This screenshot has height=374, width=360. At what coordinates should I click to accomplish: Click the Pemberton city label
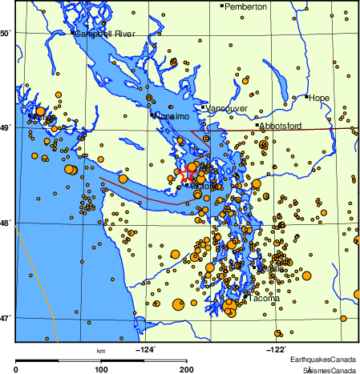(x=245, y=6)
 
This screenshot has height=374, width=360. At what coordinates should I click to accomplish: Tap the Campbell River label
(x=106, y=34)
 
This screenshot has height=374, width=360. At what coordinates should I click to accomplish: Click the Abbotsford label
(x=281, y=126)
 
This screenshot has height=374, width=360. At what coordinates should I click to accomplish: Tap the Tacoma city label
(x=265, y=299)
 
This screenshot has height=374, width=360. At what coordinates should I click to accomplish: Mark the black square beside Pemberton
(x=222, y=6)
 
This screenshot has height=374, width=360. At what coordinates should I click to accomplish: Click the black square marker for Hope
(x=307, y=97)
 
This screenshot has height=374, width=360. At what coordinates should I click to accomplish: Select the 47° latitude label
(x=5, y=318)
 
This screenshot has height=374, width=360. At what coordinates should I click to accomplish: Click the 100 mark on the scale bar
(x=101, y=369)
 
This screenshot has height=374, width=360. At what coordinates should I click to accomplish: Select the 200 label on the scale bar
(x=186, y=369)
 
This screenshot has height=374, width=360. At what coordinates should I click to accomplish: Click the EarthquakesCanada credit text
(x=324, y=359)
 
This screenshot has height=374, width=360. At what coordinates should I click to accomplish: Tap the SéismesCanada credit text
(x=329, y=369)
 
